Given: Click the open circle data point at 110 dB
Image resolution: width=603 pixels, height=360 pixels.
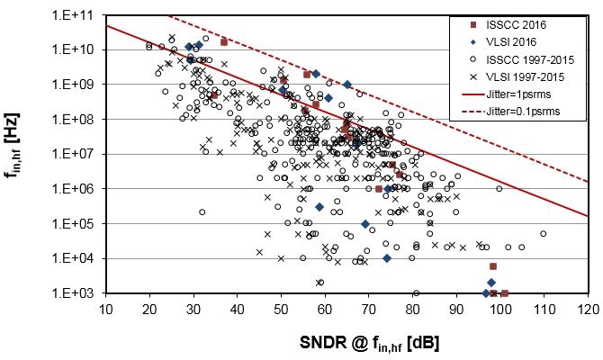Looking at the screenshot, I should (x=544, y=234).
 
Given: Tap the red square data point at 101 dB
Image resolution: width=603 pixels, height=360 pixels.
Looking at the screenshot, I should (x=504, y=293).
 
